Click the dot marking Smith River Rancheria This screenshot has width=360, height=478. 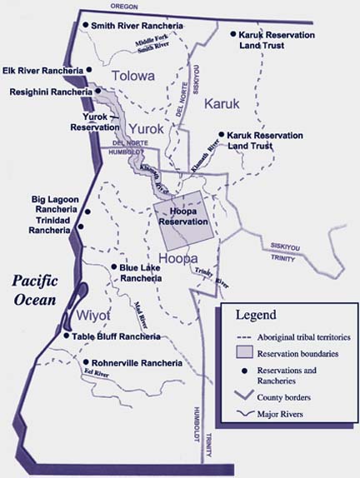coord(86,26)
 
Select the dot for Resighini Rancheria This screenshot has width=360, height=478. coord(97,91)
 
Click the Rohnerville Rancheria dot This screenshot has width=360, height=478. coord(82,363)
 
